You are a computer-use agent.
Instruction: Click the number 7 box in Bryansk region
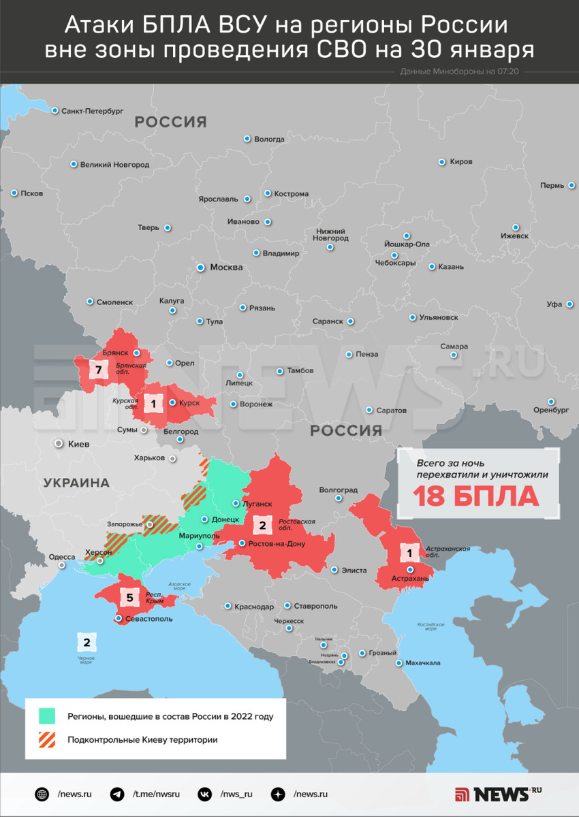(99, 370)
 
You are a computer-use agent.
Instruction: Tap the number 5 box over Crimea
(130, 598)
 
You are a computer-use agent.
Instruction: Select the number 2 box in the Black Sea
(87, 642)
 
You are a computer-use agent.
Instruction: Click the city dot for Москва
(200, 268)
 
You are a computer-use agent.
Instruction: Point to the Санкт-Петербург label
(92, 110)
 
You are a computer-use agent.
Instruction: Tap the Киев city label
(78, 444)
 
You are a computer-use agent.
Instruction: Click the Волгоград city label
(338, 490)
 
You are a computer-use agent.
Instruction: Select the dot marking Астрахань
(409, 569)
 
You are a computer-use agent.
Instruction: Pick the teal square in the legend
(48, 716)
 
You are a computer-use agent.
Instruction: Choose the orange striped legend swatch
(48, 739)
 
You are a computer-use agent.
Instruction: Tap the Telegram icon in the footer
(117, 794)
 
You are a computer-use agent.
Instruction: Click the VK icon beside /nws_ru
(204, 794)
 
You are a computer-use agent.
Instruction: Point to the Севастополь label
(148, 620)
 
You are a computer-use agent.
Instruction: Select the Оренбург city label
(551, 410)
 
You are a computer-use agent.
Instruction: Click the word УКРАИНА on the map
(76, 483)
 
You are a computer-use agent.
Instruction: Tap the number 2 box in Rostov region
(262, 525)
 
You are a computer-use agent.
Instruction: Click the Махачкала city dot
(398, 662)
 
